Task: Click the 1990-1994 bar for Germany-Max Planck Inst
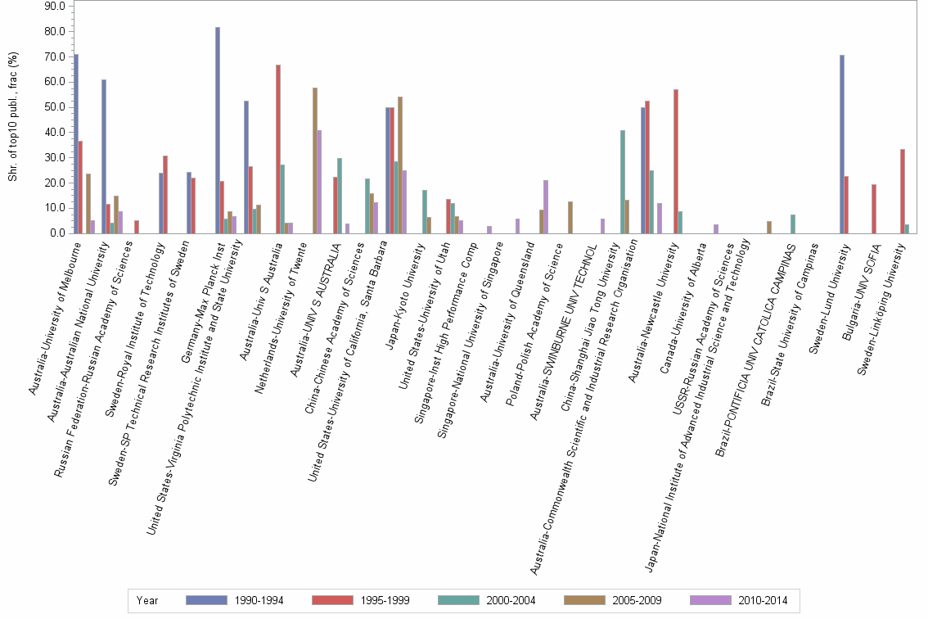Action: click(218, 130)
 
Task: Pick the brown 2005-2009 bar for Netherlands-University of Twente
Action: click(315, 160)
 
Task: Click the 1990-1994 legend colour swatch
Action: click(207, 600)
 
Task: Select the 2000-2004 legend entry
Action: click(510, 600)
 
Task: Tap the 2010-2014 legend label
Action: click(763, 600)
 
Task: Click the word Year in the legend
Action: click(148, 600)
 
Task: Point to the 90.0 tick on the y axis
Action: click(54, 6)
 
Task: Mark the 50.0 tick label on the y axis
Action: click(54, 107)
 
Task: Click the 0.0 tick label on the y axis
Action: click(56, 233)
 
